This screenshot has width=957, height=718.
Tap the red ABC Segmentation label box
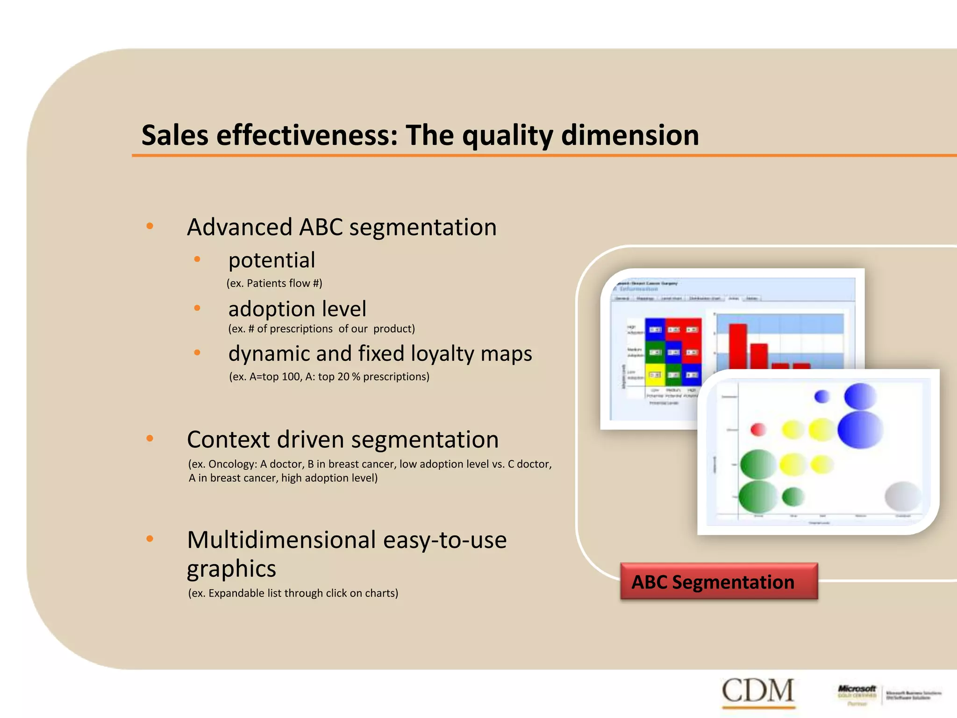click(719, 582)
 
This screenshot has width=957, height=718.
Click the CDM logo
click(757, 690)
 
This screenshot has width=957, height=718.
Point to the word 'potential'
click(271, 260)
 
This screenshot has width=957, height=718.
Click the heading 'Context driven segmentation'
click(343, 439)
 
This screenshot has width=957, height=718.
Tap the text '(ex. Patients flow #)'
click(274, 283)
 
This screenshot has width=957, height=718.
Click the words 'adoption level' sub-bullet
click(297, 309)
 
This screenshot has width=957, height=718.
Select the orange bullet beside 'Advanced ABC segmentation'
click(150, 226)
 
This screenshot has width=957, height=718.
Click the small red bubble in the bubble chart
click(758, 429)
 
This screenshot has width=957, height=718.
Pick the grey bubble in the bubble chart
click(903, 496)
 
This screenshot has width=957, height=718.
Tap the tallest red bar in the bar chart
click(738, 346)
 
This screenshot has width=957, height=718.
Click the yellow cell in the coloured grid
click(655, 375)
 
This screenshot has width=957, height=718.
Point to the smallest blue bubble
click(822, 396)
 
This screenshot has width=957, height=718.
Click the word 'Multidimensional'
click(281, 540)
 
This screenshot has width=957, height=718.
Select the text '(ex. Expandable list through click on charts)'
click(293, 593)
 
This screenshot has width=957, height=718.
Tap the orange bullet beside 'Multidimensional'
click(150, 539)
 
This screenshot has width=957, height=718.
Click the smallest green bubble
click(793, 496)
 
